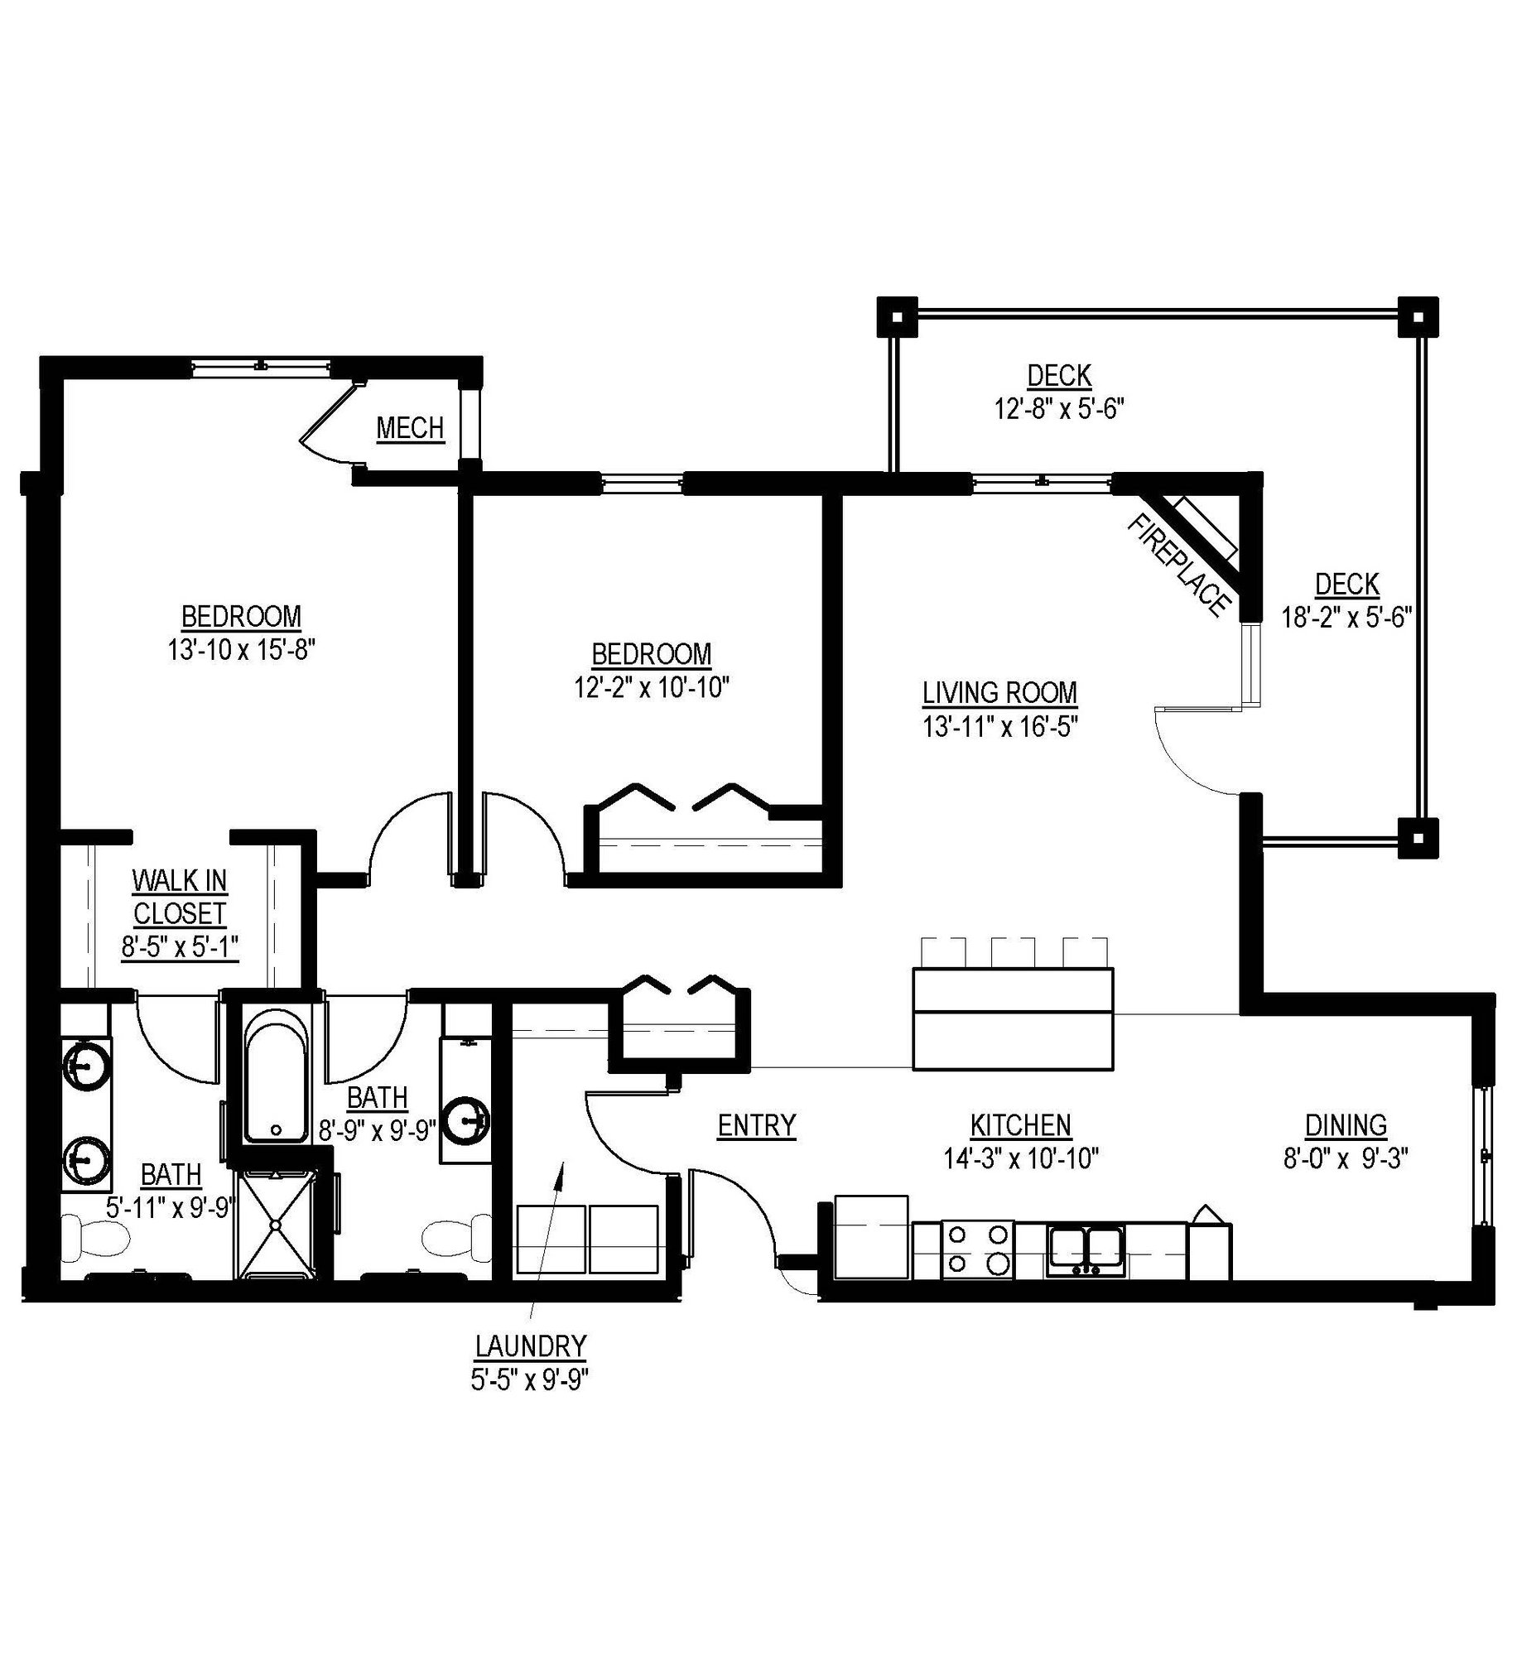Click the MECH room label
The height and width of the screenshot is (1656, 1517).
tap(410, 428)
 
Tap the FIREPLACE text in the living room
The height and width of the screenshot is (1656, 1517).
tap(1177, 565)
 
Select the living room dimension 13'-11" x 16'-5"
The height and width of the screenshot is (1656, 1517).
tap(999, 727)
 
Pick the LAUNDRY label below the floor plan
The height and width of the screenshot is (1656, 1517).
tap(530, 1346)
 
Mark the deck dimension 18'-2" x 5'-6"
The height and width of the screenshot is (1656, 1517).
tap(1346, 618)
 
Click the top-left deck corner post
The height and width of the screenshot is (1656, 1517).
tap(897, 316)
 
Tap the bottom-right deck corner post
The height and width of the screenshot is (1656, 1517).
tap(1418, 838)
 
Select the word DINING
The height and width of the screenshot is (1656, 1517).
tap(1346, 1125)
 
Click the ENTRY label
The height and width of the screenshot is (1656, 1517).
tap(756, 1125)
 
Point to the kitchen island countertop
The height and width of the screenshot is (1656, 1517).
tap(1012, 1018)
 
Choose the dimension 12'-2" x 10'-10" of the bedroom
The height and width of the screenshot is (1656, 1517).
tap(651, 687)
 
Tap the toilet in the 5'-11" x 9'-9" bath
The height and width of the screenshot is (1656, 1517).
tap(97, 1240)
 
